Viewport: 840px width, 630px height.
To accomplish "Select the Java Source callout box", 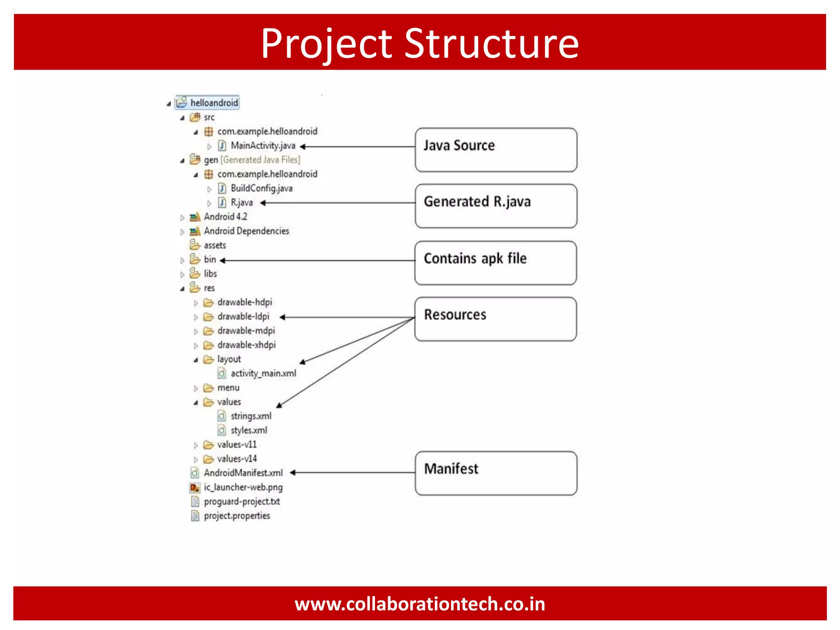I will point(495,150).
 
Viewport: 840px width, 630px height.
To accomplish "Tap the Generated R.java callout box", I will point(495,206).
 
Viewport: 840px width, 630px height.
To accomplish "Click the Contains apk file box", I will point(495,263).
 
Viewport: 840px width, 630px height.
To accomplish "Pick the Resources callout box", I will point(495,319).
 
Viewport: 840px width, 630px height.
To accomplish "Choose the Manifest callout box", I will point(495,473).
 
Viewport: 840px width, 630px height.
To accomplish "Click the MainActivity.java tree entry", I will point(262,146).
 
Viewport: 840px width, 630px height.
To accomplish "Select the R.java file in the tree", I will point(242,202).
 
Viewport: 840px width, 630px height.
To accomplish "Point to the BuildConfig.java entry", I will point(261,188).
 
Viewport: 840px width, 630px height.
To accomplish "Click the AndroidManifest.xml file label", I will point(243,473).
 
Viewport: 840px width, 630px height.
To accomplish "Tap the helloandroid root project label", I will point(214,103).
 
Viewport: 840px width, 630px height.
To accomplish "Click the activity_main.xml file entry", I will point(263,373).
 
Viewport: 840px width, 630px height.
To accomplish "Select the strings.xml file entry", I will point(251,416).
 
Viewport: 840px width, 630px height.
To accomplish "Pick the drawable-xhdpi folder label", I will point(246,345).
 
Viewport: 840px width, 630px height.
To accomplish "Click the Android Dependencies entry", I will point(246,231).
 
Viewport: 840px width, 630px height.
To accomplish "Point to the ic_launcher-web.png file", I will point(243,487).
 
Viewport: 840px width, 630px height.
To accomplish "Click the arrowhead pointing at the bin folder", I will point(223,260).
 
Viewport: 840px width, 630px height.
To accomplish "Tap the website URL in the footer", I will point(420,604).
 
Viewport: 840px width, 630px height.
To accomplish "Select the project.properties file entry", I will point(237,516).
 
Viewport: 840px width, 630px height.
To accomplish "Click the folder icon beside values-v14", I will point(208,459).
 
